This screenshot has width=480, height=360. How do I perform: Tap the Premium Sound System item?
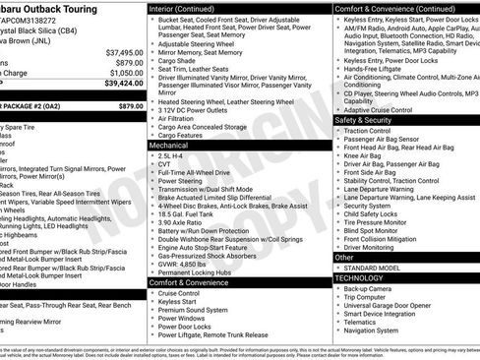point(191,309)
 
